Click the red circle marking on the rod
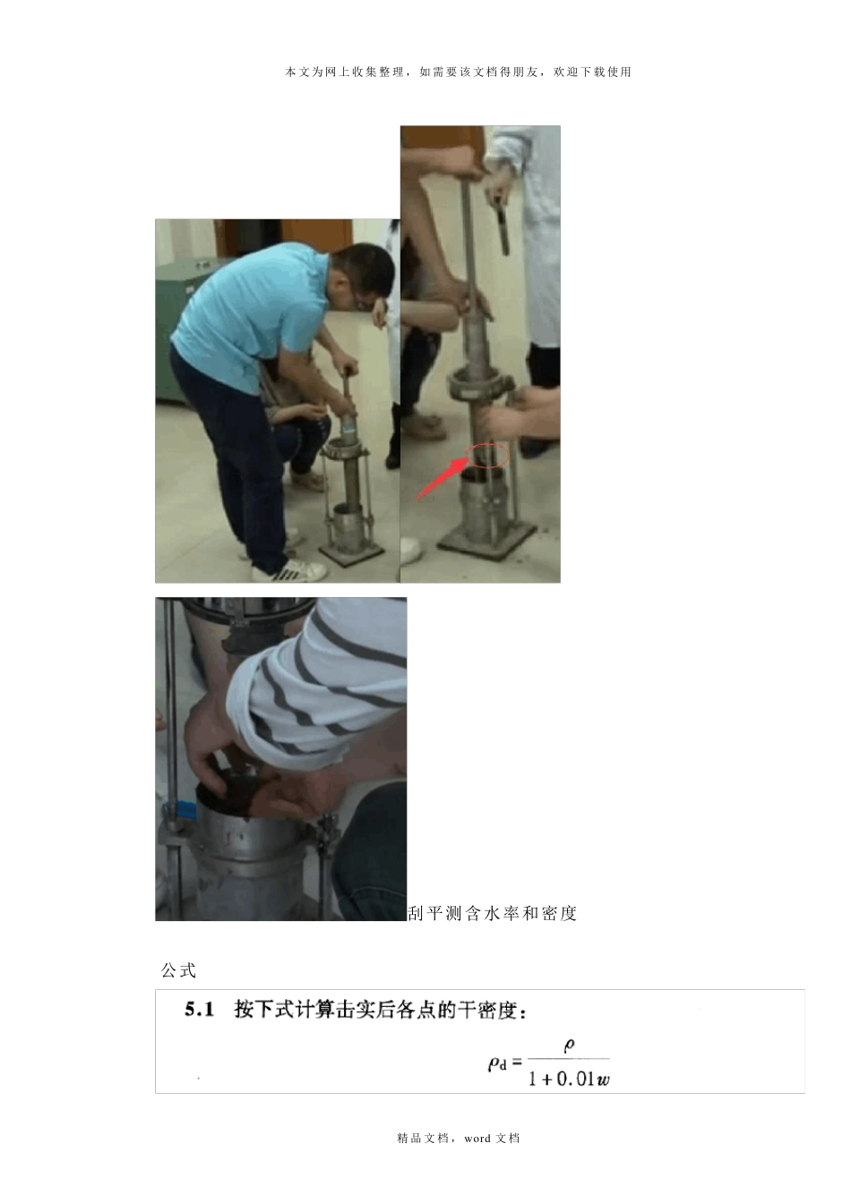pyautogui.click(x=488, y=455)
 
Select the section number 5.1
pyautogui.click(x=199, y=1010)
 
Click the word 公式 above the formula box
pyautogui.click(x=178, y=970)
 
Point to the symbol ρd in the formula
pyautogui.click(x=497, y=1063)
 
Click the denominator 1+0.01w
pyautogui.click(x=569, y=1078)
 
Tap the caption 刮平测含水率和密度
pyautogui.click(x=493, y=913)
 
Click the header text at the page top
pyautogui.click(x=458, y=72)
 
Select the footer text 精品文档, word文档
pyautogui.click(x=458, y=1138)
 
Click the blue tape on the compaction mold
pyautogui.click(x=186, y=810)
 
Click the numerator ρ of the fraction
pyautogui.click(x=569, y=1045)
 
